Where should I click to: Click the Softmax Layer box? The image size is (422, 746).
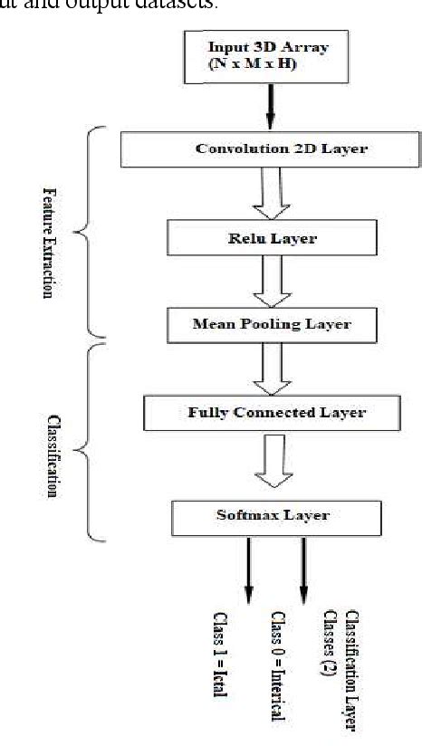(273, 515)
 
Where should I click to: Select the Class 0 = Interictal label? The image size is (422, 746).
(279, 665)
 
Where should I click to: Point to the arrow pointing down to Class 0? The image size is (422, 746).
(302, 570)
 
